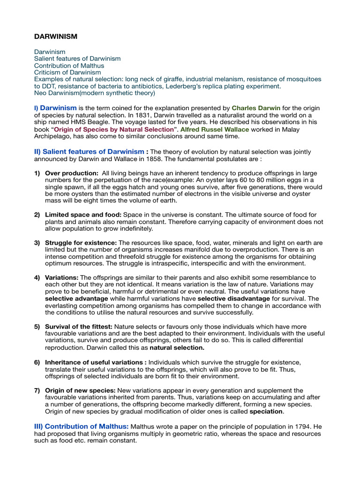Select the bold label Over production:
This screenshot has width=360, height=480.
[x=72, y=173]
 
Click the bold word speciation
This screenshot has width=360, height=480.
[x=266, y=411]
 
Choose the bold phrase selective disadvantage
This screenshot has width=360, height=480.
[x=229, y=299]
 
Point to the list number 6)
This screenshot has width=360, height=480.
[x=37, y=362]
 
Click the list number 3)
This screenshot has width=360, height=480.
[x=37, y=243]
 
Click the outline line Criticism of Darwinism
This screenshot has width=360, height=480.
[x=67, y=72]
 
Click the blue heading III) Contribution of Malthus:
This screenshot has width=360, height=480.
[x=81, y=426]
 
